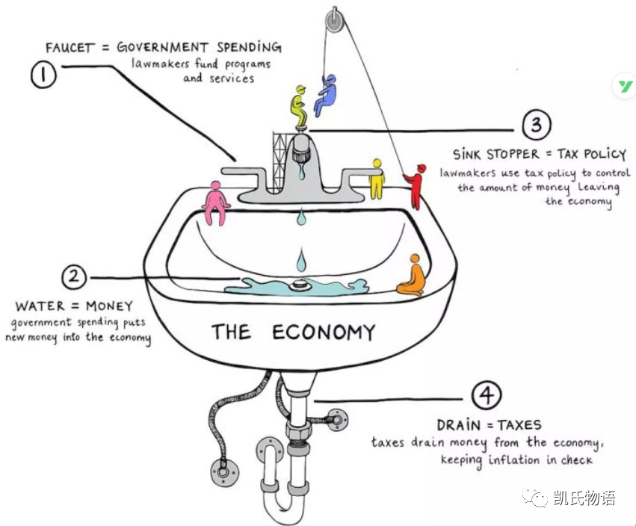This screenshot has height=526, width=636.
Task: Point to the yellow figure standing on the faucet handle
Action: coord(376,178)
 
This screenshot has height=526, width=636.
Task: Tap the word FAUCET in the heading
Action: coord(71,49)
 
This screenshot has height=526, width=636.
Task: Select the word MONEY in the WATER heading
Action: coord(107,306)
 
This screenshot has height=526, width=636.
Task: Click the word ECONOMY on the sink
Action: coord(323,331)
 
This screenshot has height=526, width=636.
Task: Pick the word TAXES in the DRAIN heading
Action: coord(514,425)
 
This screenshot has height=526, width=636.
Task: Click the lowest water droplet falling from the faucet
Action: coord(301,261)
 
